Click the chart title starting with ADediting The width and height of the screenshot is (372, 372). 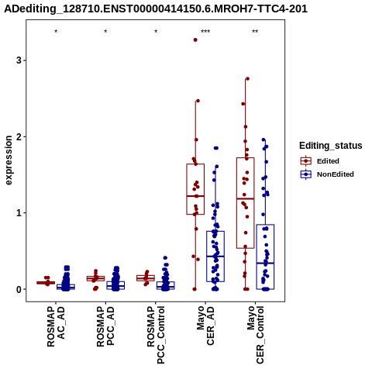[156, 9]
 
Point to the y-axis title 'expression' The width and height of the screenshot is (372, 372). [9, 160]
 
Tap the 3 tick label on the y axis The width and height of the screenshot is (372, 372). [19, 60]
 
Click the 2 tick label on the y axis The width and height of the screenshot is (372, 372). [19, 136]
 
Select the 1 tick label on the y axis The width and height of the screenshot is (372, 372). [19, 213]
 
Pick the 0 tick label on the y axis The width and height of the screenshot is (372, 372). [19, 289]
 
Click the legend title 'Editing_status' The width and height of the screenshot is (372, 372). [331, 146]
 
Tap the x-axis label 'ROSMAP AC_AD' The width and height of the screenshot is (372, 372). [56, 326]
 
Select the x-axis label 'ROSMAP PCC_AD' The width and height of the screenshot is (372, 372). [105, 326]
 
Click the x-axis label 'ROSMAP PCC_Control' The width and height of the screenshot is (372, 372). [156, 335]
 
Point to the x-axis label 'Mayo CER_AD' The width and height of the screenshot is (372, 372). [205, 325]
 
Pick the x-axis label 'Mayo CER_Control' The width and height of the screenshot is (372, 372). [256, 335]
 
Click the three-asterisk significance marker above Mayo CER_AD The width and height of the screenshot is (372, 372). [205, 32]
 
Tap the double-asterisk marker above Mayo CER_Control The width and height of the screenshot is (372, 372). [255, 32]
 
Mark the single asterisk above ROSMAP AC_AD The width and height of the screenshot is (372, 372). [56, 32]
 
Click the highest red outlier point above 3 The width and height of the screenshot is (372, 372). [195, 40]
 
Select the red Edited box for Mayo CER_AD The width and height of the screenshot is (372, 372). [195, 189]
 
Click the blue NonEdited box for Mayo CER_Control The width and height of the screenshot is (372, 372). [265, 257]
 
